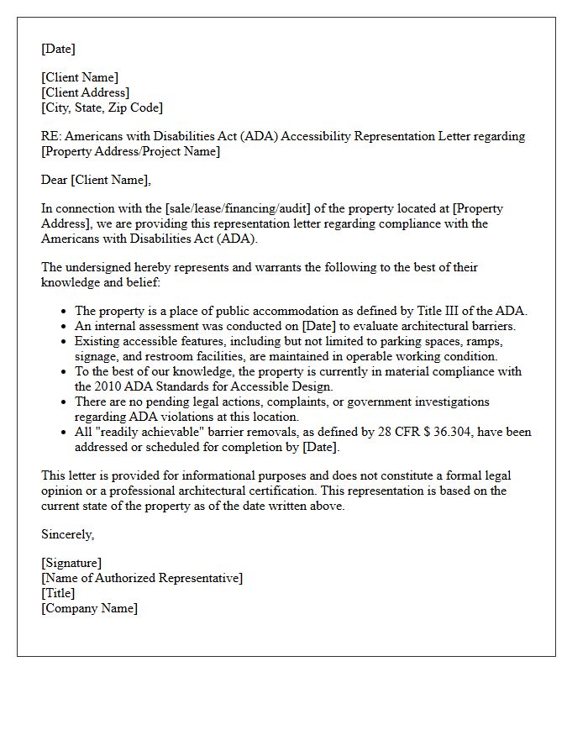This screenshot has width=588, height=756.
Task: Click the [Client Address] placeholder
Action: point(85,92)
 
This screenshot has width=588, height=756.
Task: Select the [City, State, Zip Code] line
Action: point(102,108)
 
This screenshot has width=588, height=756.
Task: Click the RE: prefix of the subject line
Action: point(50,136)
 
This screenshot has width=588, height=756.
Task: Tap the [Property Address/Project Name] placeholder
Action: point(130,151)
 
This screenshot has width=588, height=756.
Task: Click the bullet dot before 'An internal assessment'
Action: point(64,327)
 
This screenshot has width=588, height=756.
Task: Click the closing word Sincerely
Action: point(68,534)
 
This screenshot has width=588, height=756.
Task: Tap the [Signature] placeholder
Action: point(71,563)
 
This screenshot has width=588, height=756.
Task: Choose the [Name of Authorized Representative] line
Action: point(142,578)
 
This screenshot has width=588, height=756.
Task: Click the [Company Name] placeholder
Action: point(89,608)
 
